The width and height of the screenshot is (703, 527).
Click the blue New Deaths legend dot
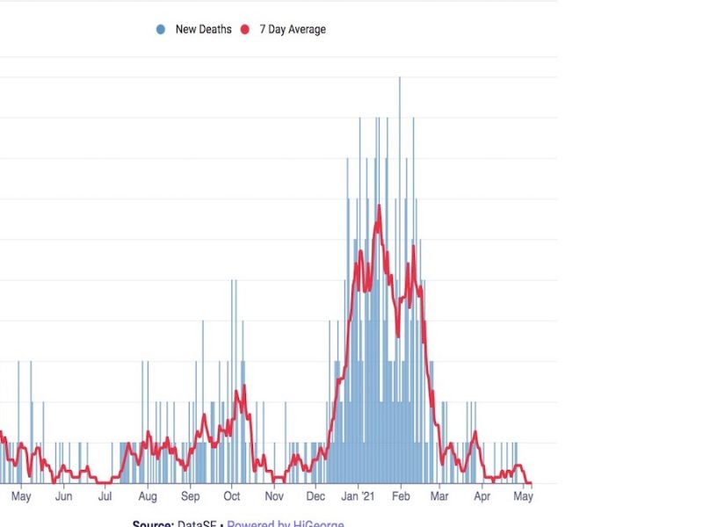160,30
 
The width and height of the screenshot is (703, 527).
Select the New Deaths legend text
203,30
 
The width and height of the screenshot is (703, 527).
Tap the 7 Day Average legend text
292,30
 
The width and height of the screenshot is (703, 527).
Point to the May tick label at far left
21,497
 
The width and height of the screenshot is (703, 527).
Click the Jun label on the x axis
63,497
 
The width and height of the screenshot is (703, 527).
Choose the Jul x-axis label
105,497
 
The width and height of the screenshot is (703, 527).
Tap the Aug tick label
148,497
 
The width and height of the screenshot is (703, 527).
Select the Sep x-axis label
190,497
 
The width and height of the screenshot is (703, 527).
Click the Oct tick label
231,497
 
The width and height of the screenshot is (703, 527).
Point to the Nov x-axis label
274,497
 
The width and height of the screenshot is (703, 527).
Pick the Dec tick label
315,497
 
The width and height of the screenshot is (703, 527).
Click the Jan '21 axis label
359,497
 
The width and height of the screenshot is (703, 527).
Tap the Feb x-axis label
401,497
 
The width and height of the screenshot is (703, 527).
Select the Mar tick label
439,497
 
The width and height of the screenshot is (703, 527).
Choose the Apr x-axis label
482,497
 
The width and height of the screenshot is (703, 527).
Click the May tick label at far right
524,497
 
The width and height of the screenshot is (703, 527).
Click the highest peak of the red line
379,206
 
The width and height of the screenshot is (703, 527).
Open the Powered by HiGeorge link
286,523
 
